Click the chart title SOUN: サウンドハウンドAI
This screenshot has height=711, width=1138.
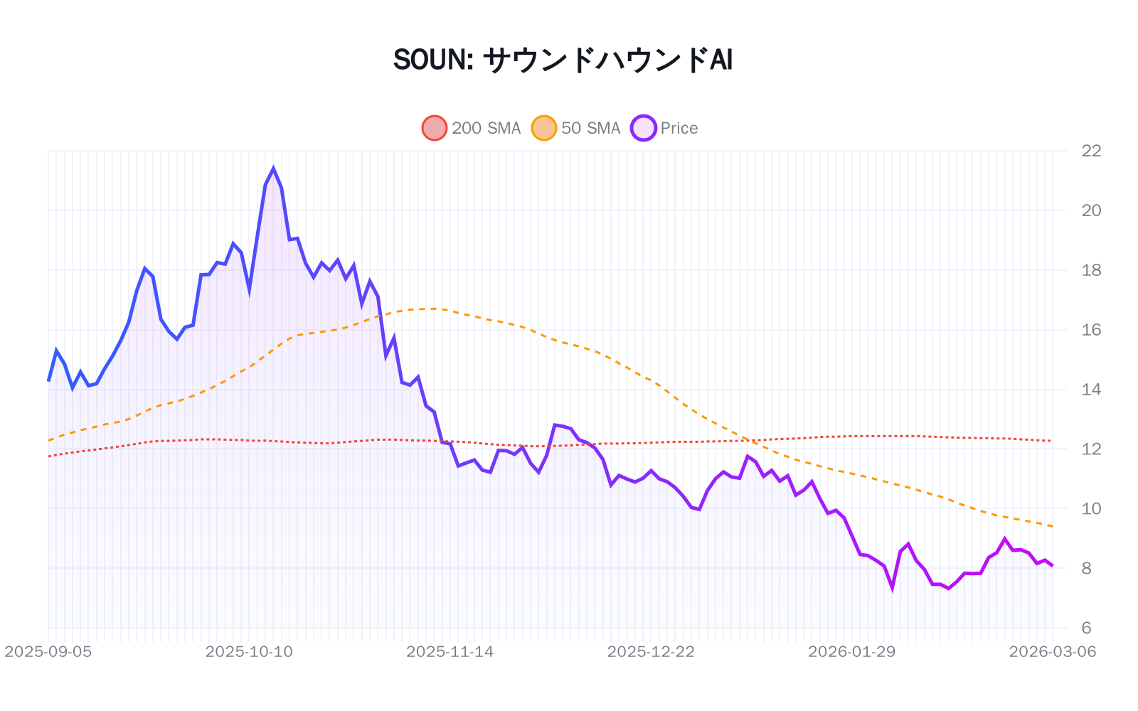point(563,60)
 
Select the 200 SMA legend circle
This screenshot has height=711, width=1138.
point(435,128)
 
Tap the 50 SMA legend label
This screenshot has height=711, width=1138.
point(590,128)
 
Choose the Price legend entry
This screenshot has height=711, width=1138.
point(679,128)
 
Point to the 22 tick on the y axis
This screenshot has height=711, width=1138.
point(1090,151)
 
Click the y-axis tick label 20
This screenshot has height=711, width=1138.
point(1090,210)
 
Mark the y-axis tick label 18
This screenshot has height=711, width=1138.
point(1090,270)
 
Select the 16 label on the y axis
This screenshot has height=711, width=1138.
point(1090,330)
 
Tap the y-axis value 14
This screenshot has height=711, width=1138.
point(1090,390)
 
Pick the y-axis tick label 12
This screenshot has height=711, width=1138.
point(1090,449)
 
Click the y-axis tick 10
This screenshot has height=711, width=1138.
point(1090,509)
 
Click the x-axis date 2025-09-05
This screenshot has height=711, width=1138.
point(48,652)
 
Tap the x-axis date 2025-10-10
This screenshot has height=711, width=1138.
point(249,652)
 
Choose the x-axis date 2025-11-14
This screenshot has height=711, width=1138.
point(450,652)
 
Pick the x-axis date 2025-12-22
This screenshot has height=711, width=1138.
point(651,652)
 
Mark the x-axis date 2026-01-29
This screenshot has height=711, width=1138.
point(851,652)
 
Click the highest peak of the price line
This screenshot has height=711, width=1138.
point(273,169)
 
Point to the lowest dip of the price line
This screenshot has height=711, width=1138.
point(892,588)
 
